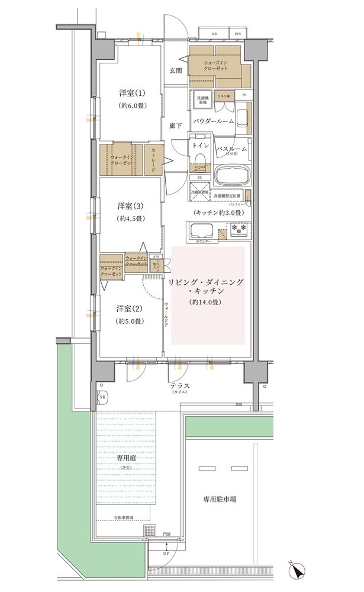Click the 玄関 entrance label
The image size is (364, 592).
click(175, 71)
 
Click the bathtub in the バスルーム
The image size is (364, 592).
click(232, 176)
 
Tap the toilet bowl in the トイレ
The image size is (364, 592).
click(199, 160)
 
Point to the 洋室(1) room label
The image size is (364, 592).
click(131, 94)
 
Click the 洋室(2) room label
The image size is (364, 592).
click(130, 309)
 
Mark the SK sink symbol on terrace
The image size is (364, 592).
click(102, 397)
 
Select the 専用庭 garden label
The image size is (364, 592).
click(125, 459)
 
